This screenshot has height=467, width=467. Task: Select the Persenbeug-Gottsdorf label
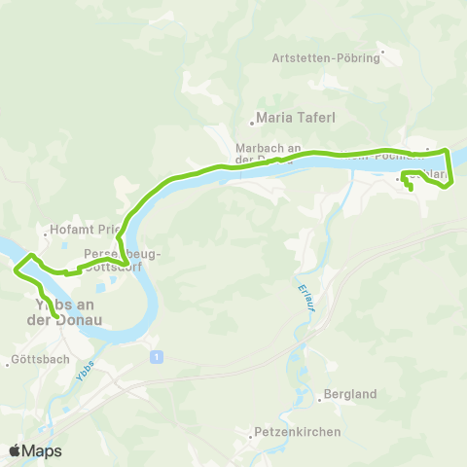(122, 259)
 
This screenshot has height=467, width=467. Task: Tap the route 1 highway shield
(156, 357)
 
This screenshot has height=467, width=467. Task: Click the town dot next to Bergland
(319, 395)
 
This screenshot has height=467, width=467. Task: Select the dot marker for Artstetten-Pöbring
(383, 53)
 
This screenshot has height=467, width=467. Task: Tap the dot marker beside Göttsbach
(8, 361)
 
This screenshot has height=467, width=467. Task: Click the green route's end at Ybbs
(56, 316)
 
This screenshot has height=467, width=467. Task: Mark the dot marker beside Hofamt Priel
(46, 233)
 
